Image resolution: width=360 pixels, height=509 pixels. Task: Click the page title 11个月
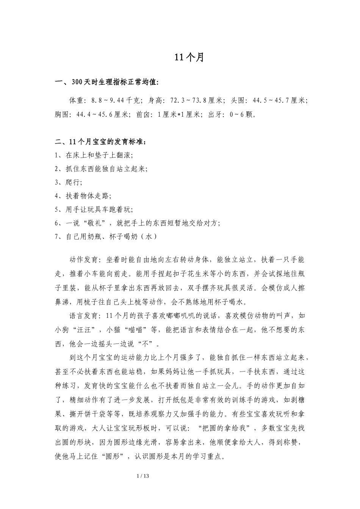pos(189,57)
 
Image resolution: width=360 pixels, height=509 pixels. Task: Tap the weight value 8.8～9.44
pos(108,100)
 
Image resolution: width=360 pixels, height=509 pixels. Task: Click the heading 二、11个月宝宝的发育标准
pos(100,142)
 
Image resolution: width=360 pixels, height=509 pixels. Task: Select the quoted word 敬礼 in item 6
pos(92,223)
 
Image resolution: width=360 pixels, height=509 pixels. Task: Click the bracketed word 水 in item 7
pos(147,237)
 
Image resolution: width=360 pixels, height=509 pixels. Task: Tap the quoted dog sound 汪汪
pos(87,329)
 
